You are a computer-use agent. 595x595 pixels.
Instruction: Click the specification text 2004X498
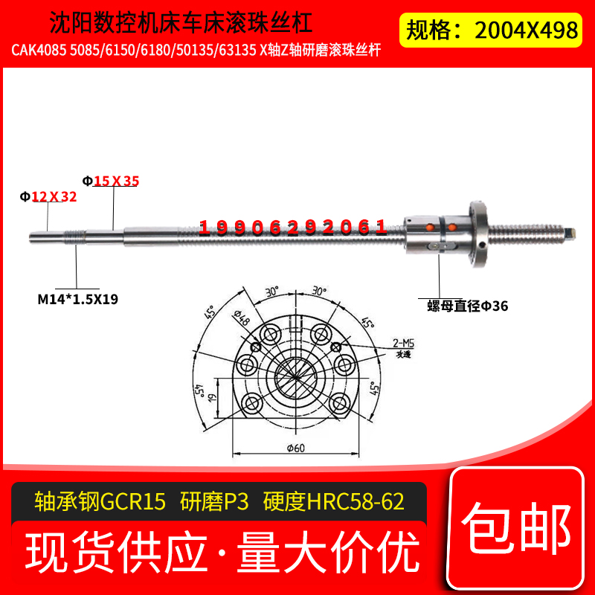pos(526,29)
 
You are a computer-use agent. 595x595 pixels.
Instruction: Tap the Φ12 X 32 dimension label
pos(48,197)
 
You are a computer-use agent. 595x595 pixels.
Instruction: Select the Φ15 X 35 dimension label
pos(110,180)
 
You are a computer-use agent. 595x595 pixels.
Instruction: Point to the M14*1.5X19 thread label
pos(78,299)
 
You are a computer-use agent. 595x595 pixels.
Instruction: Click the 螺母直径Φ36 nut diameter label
pos(467,306)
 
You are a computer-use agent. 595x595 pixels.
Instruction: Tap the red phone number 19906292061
pos(293,228)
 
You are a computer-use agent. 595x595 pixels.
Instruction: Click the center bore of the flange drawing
pos(297,376)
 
